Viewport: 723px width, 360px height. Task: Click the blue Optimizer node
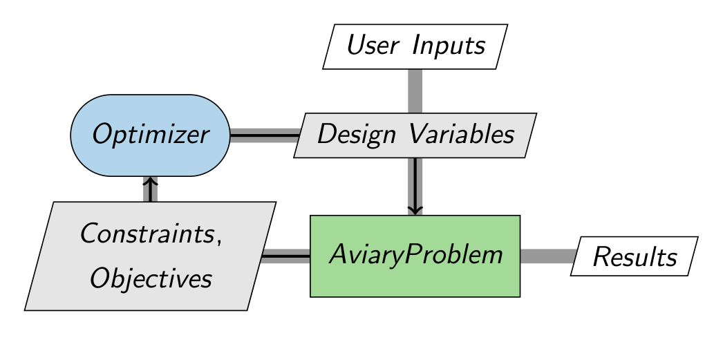coord(150,135)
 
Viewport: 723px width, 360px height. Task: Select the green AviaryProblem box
coord(415,256)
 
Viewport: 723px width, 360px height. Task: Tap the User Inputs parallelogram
coord(415,46)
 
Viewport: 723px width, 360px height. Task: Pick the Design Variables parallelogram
coord(415,135)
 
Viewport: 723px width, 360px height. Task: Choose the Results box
coord(635,256)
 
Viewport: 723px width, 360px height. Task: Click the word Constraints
coord(147,234)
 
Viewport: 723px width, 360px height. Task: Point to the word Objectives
coord(151,278)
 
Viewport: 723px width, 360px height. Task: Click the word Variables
coord(462,134)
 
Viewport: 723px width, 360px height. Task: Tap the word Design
coord(356,135)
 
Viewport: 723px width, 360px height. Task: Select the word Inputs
coord(449,46)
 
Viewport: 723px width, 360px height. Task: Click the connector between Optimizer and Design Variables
coord(265,135)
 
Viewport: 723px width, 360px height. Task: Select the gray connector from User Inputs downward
coord(415,91)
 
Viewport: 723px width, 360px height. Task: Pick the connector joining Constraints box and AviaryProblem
coord(285,256)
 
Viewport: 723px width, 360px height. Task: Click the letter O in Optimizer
coord(102,135)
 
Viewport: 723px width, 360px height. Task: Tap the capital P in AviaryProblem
coord(412,254)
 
